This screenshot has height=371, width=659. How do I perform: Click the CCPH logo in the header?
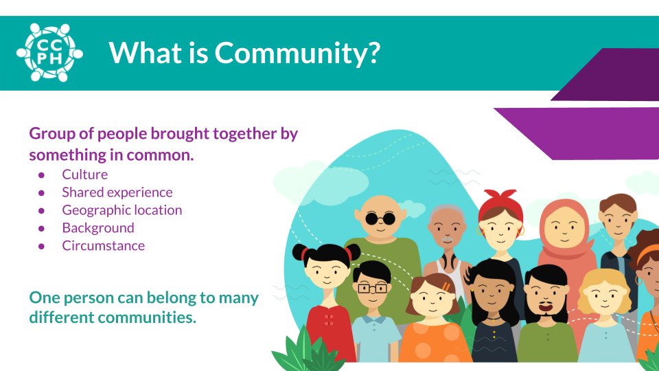(x=49, y=52)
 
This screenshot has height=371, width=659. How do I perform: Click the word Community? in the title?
(x=297, y=53)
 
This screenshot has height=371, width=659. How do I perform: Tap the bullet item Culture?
(x=84, y=175)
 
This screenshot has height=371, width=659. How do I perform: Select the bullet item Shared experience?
(x=117, y=192)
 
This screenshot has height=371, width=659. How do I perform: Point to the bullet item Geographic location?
(x=122, y=210)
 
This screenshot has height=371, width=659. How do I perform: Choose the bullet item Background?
(x=97, y=228)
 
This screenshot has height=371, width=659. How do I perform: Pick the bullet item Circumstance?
(x=103, y=246)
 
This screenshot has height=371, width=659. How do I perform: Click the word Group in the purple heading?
(x=51, y=133)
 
